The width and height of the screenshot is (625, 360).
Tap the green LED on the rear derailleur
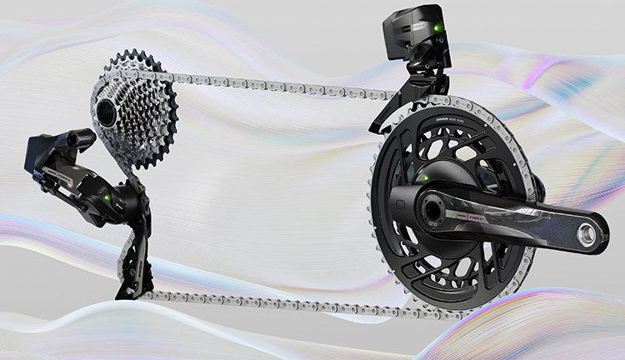point(108,197)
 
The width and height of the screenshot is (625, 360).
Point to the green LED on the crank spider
point(424,177)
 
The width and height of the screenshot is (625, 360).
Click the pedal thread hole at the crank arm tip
point(593,237)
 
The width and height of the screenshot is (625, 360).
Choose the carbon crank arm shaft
point(533,223)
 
